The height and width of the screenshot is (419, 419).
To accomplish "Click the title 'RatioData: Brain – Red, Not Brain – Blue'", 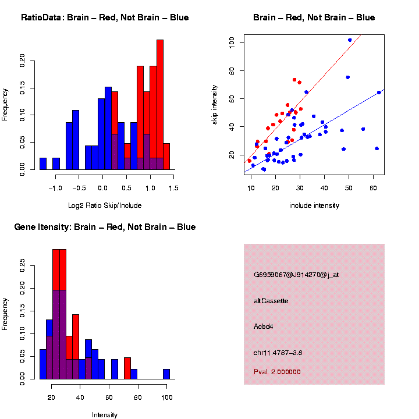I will pos(105,17).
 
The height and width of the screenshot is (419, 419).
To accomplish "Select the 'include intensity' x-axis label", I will pos(314,205).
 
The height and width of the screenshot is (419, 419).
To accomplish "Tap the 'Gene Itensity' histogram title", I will pos(105,227).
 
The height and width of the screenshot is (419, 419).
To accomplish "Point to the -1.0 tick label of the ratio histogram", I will pos(55,188).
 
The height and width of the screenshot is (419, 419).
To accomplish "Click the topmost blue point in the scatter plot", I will pos(350,40).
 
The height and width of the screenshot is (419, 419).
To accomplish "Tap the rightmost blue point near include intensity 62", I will pos(379,93).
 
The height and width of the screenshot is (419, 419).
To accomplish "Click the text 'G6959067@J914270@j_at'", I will pos(296,274).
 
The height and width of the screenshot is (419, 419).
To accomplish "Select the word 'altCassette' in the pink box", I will pos(271,301).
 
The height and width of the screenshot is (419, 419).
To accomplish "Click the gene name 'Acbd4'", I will pos(264,326).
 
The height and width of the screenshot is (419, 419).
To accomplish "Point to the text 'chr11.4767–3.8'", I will pos(278,353).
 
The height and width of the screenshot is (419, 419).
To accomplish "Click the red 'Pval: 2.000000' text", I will pos(277,372).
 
